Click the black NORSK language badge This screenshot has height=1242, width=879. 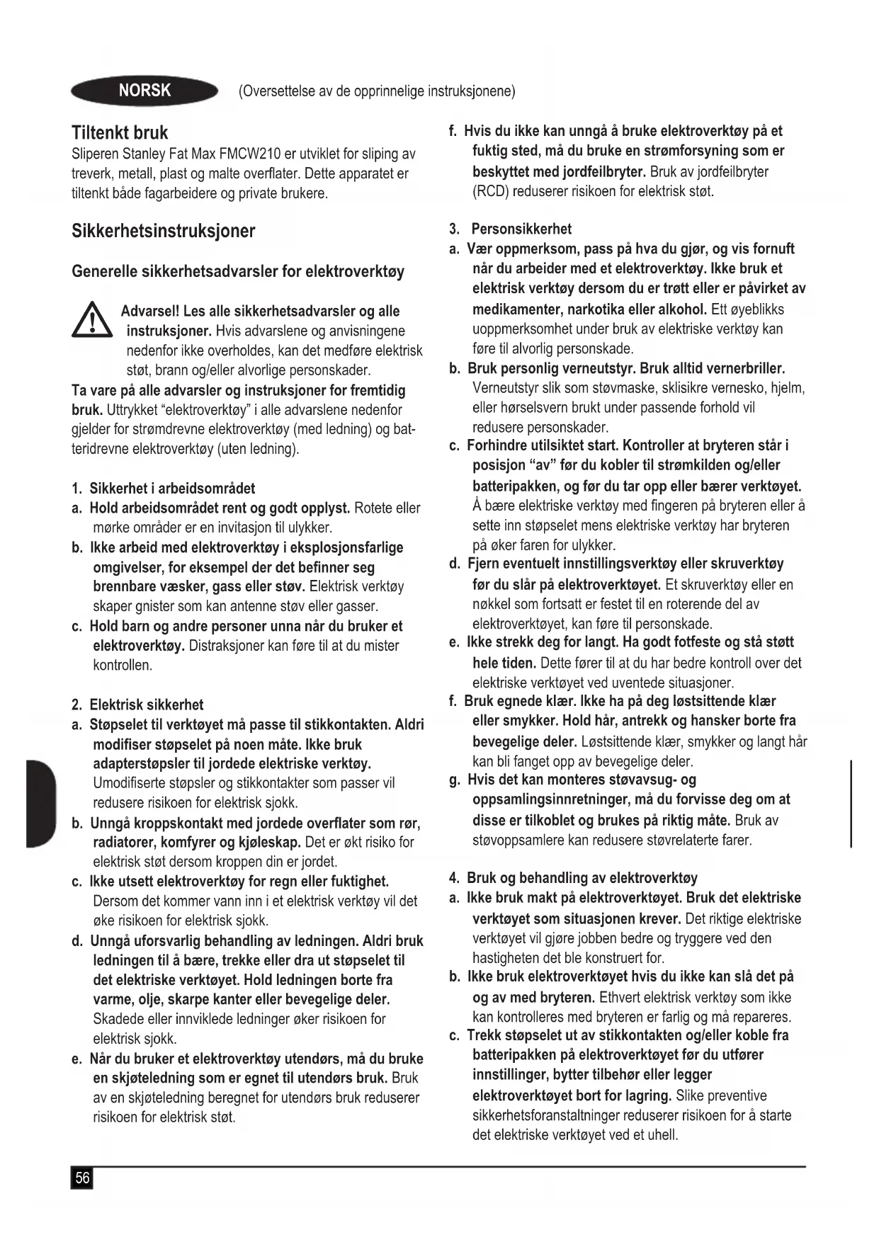click(x=144, y=91)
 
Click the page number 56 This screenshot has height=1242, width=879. click(x=82, y=1178)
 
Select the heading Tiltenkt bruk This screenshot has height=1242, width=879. click(x=120, y=132)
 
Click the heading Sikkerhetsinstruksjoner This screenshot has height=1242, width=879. click(x=163, y=231)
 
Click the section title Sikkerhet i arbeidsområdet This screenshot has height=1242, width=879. click(x=172, y=489)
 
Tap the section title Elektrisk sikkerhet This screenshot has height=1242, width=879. click(x=146, y=705)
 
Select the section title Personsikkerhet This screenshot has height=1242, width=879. click(x=521, y=229)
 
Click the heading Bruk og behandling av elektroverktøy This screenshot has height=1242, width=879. click(x=582, y=878)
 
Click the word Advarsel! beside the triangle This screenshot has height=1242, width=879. click(x=150, y=312)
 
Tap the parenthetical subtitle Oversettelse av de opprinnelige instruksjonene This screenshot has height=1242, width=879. click(x=377, y=91)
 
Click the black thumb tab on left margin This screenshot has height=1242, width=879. click(x=40, y=803)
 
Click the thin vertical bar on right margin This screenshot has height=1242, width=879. click(x=850, y=803)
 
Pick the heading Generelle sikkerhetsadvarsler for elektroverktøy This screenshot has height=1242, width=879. click(x=238, y=272)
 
